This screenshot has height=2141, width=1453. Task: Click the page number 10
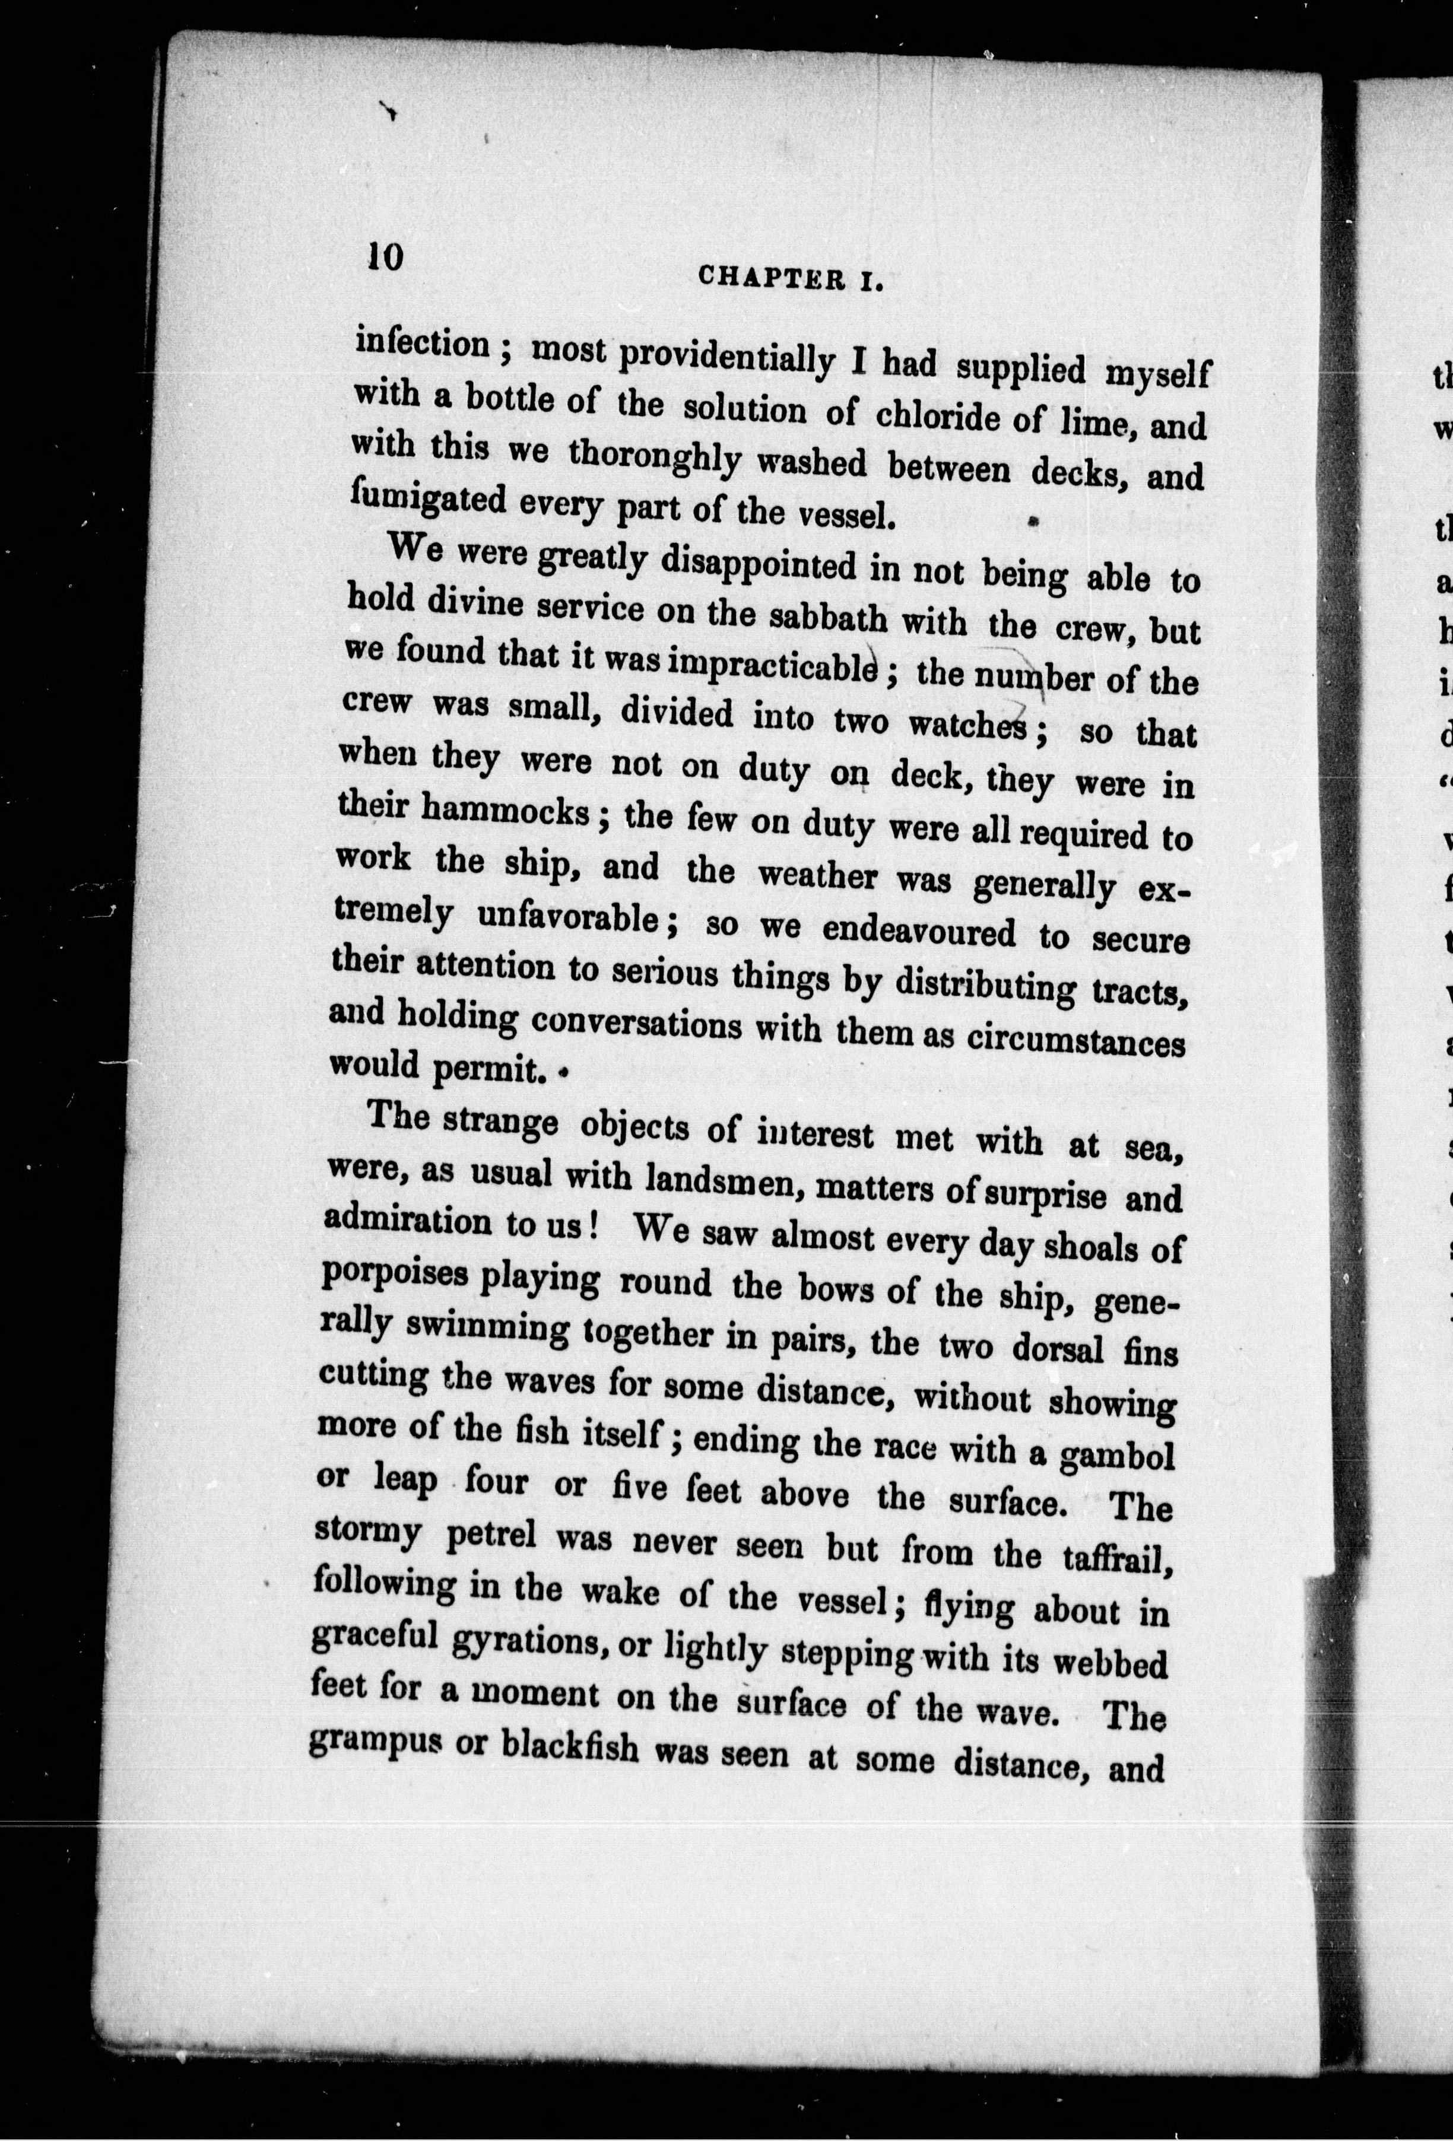coord(385,255)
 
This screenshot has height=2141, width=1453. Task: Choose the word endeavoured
coord(919,932)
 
